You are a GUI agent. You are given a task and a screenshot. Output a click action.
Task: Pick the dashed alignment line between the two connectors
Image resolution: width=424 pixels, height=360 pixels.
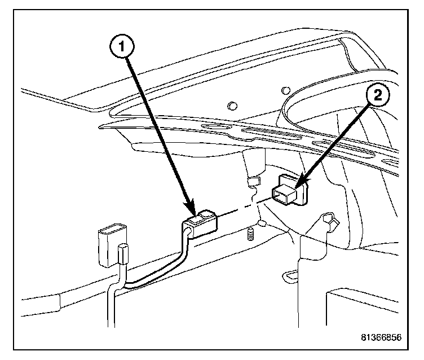(242, 208)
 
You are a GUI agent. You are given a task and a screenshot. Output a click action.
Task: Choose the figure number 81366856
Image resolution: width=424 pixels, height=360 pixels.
(381, 337)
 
